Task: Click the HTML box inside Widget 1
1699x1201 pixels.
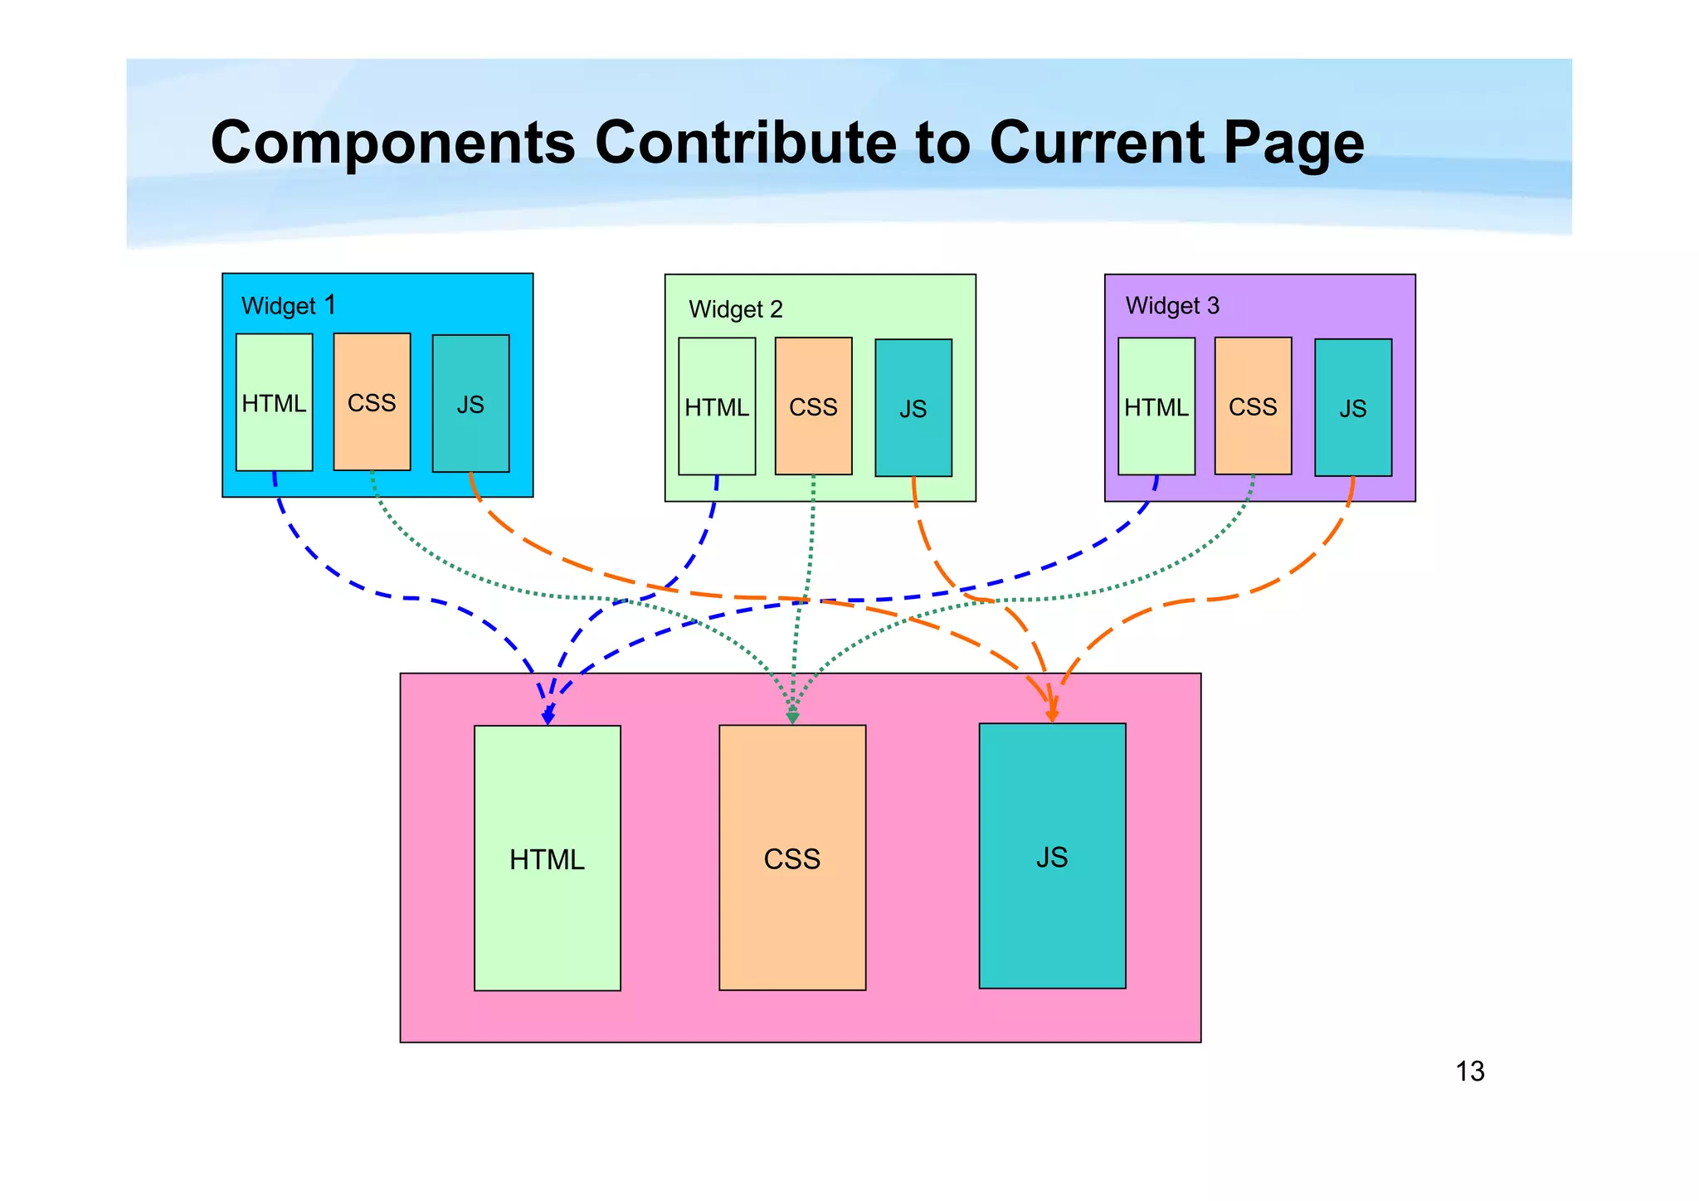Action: point(274,403)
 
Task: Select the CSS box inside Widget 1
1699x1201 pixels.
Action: point(372,402)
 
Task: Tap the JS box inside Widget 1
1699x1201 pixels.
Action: point(470,404)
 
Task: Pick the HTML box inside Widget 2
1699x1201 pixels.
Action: point(717,406)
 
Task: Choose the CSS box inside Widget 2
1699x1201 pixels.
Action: point(813,406)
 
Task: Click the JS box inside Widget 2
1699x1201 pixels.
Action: point(913,408)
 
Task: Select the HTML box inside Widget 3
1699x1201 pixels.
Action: point(1156,406)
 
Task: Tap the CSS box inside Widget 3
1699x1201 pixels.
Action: point(1253,406)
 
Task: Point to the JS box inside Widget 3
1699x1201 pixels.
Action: point(1353,408)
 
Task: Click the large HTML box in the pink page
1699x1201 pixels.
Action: point(548,858)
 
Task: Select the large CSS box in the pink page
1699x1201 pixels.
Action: point(792,858)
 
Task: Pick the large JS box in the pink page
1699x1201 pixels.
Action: point(1052,856)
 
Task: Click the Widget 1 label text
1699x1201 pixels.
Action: point(288,306)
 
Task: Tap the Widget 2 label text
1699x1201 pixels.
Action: point(735,309)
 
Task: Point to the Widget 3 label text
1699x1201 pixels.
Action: point(1172,306)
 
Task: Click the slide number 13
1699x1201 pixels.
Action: point(1469,1072)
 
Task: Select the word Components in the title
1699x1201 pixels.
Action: point(393,143)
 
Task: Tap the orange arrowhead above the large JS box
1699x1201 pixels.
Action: point(1052,713)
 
